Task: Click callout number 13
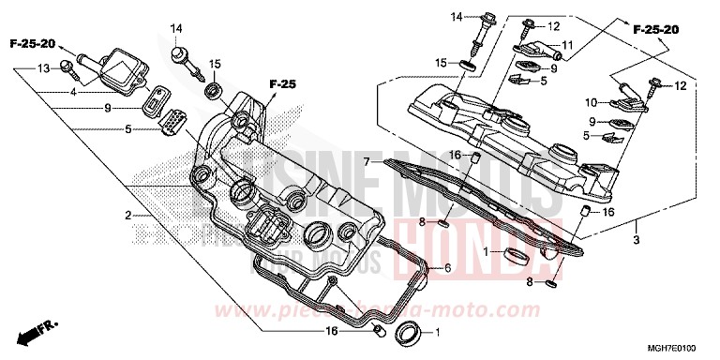44,70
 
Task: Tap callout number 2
127,217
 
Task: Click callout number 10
592,102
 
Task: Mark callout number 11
567,45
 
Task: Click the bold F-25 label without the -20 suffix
282,85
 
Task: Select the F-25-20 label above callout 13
33,44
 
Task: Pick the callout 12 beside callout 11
552,26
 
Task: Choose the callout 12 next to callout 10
681,86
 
